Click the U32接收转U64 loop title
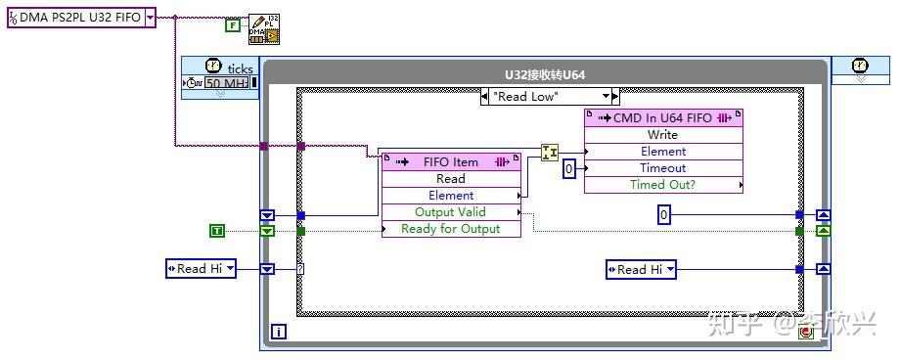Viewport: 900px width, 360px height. [546, 74]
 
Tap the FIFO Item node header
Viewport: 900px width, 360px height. [451, 161]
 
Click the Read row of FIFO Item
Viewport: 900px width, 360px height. [451, 179]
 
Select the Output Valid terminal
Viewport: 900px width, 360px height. [451, 212]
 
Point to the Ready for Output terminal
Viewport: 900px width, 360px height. [451, 229]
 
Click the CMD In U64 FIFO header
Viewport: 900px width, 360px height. [663, 118]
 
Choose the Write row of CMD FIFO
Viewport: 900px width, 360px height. [663, 135]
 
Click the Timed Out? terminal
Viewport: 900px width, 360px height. [663, 184]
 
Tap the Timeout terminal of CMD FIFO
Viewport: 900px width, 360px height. [663, 167]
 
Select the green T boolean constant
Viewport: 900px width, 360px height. [217, 231]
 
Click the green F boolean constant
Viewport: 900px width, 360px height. [232, 25]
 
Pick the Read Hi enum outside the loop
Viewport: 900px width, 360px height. [201, 269]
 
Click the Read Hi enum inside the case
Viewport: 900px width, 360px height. [641, 269]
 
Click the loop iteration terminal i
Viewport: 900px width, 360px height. [279, 333]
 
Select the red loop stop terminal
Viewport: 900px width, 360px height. [807, 333]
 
